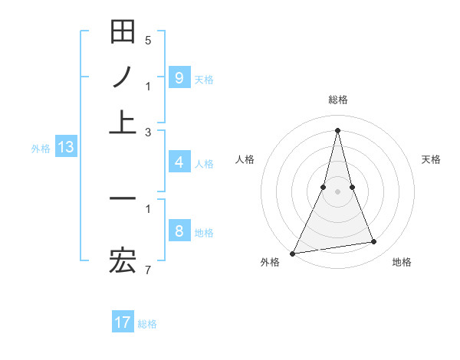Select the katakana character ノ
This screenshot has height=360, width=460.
pos(123,77)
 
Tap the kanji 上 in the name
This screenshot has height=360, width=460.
pos(123,122)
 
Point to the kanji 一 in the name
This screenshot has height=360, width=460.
pos(123,198)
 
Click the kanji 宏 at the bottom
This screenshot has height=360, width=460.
pos(123,263)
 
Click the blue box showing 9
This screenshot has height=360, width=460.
pos(179,77)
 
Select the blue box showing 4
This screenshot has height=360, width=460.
pos(179,162)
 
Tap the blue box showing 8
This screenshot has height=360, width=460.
pos(179,231)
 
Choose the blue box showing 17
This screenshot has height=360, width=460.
pos(123,322)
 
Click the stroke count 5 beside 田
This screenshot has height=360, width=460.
pos(148,40)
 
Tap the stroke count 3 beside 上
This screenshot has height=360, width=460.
pos(148,132)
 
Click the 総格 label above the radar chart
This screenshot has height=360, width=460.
pos(337,100)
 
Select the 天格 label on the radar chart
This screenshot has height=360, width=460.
pos(431,159)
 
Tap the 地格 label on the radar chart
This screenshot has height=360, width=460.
pos(402,262)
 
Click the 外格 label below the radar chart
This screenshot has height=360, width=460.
pos(270,262)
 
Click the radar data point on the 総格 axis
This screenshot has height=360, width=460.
pos(337,129)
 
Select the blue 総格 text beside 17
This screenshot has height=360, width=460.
pos(147,323)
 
